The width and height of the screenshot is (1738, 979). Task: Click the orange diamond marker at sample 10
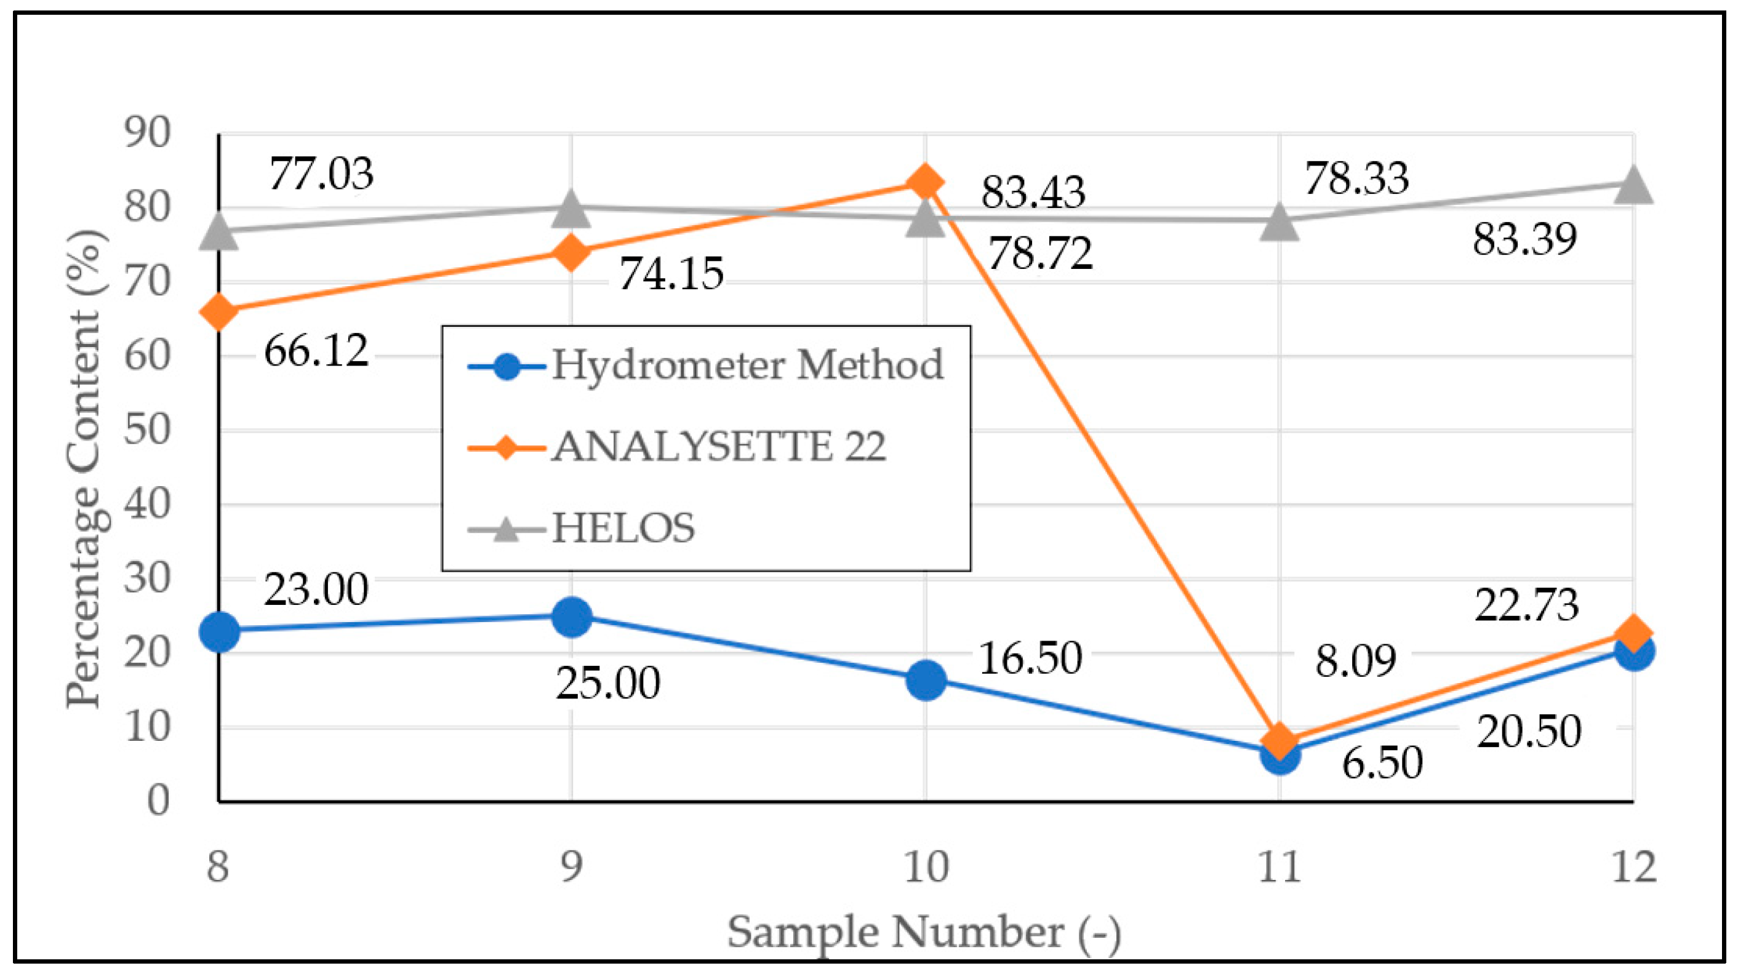tap(925, 182)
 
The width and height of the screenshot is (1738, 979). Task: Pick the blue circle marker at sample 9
tap(572, 616)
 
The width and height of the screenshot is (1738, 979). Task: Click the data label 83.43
tap(1033, 191)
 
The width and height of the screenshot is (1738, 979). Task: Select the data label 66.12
tap(316, 351)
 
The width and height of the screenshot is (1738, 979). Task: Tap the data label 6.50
tap(1382, 763)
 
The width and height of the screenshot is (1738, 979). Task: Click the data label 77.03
tap(321, 174)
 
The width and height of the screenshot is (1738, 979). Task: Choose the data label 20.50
tap(1528, 732)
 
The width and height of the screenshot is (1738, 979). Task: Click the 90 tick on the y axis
tap(147, 132)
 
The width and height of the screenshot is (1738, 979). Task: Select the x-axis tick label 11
tap(1279, 868)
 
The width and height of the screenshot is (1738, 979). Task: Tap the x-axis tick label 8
tap(218, 868)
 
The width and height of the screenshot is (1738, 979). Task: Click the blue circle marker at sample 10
tap(926, 679)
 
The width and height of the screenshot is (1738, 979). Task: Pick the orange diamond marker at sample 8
tap(218, 312)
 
